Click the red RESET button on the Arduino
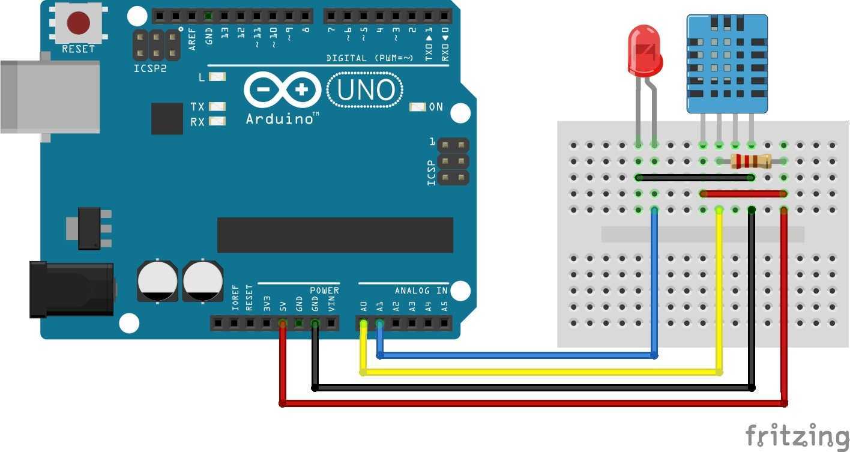pyautogui.click(x=78, y=23)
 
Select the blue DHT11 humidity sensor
pyautogui.click(x=727, y=63)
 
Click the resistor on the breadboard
pyautogui.click(x=751, y=161)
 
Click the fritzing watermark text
pyautogui.click(x=797, y=435)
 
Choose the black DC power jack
pyautogui.click(x=72, y=289)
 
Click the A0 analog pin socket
pyautogui.click(x=363, y=324)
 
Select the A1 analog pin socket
pyautogui.click(x=379, y=324)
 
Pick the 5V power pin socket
pyautogui.click(x=283, y=324)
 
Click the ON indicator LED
pyautogui.click(x=417, y=107)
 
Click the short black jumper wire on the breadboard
pyautogui.click(x=695, y=178)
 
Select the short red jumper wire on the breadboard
pyautogui.click(x=743, y=194)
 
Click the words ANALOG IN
pyautogui.click(x=421, y=291)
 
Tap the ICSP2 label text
pyautogui.click(x=150, y=68)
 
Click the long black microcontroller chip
pyautogui.click(x=335, y=235)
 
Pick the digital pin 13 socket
pyautogui.click(x=225, y=16)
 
